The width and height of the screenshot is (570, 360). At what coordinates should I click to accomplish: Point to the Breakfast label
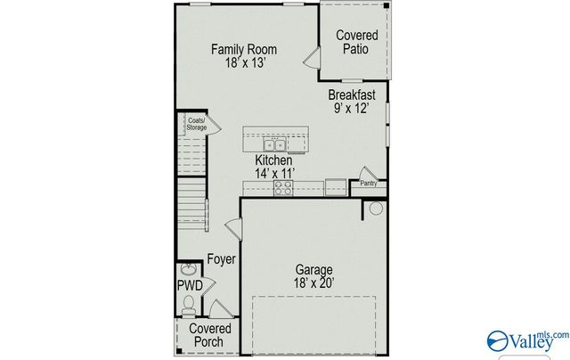click(x=351, y=94)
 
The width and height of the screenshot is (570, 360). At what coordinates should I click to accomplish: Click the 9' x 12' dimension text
click(x=351, y=109)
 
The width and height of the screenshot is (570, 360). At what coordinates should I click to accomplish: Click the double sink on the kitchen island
click(x=273, y=144)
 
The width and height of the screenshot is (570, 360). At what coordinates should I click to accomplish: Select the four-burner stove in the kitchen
click(x=283, y=187)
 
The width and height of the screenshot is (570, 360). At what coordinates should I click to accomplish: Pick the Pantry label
click(x=368, y=184)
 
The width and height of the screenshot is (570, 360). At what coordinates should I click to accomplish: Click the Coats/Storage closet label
click(x=196, y=124)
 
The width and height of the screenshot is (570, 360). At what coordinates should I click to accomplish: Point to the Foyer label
click(x=221, y=260)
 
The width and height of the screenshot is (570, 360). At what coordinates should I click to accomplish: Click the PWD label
click(x=189, y=285)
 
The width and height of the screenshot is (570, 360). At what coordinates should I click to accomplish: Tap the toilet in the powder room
click(x=188, y=306)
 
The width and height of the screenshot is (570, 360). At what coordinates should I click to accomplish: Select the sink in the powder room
click(x=188, y=268)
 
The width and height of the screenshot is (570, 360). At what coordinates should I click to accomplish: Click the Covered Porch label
click(x=211, y=337)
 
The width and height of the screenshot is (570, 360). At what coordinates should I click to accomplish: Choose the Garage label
click(x=314, y=270)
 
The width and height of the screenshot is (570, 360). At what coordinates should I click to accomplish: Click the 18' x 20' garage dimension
click(x=314, y=284)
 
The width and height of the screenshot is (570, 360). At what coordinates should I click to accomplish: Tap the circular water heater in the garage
click(x=375, y=209)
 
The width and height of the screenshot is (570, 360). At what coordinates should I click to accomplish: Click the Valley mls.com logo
click(x=525, y=340)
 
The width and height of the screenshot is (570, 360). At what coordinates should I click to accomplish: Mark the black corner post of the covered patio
click(x=387, y=7)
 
